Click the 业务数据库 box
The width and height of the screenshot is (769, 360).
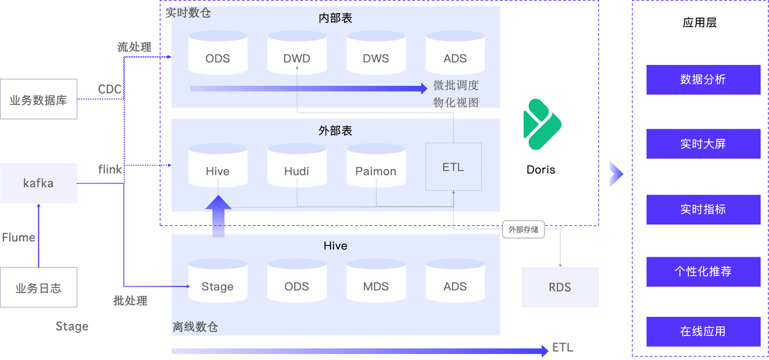[x=38, y=99]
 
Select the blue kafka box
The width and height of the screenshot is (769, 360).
[x=38, y=183]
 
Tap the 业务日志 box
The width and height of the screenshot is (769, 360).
[x=38, y=288]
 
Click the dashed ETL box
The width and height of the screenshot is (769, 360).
[x=453, y=166]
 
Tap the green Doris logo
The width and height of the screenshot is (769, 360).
[x=541, y=124]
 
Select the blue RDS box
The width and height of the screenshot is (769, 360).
[x=560, y=287]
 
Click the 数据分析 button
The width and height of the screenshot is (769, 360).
[x=703, y=79]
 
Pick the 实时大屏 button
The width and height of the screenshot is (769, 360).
[x=703, y=144]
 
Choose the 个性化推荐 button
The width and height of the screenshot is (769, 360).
[x=703, y=271]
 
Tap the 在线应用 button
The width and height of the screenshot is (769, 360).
[x=703, y=331]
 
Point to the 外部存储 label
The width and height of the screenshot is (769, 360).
[x=523, y=230]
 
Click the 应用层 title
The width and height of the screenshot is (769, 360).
[x=700, y=23]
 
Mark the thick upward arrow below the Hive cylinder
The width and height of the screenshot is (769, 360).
[x=217, y=216]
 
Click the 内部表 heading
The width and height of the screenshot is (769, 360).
[x=335, y=18]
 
